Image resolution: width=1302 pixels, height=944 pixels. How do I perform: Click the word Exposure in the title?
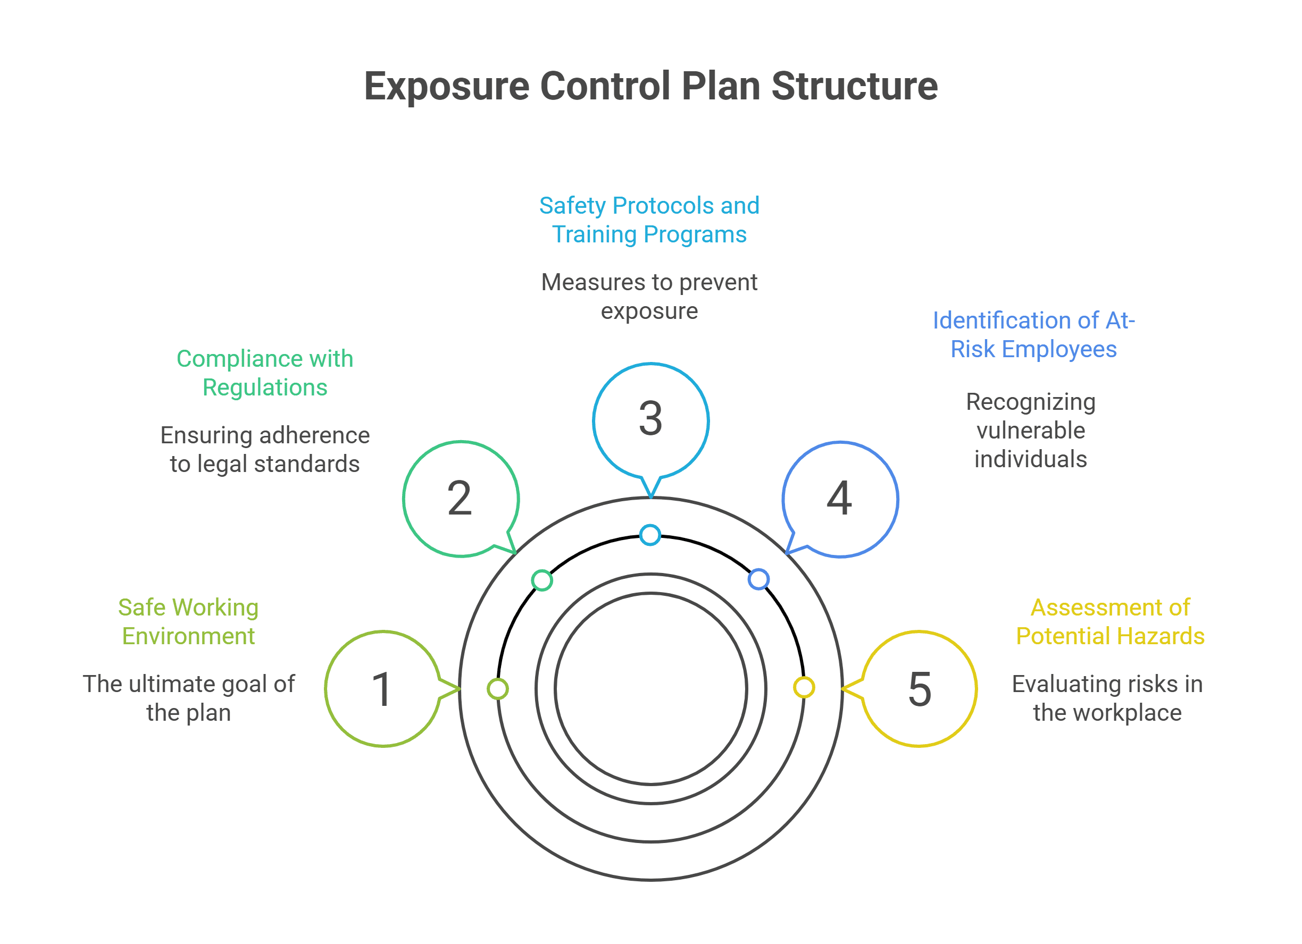(446, 86)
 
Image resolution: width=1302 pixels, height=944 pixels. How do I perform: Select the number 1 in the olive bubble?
(382, 689)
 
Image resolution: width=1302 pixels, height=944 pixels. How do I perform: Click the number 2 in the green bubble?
(460, 498)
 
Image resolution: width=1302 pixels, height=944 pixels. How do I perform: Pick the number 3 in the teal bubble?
(650, 419)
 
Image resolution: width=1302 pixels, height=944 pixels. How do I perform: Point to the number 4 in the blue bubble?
(839, 498)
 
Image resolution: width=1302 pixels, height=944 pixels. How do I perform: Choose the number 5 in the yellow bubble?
(920, 689)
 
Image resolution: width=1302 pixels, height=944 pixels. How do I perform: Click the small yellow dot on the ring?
(804, 687)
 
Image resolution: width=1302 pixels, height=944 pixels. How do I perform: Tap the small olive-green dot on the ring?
(498, 689)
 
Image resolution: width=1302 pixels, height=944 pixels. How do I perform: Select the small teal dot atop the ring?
(650, 535)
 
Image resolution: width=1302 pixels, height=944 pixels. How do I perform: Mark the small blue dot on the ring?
(758, 579)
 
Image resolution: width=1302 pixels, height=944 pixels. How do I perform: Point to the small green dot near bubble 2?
(542, 580)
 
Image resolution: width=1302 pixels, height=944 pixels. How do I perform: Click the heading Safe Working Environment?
(188, 621)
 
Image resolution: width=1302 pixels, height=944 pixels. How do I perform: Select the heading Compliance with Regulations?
(265, 373)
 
